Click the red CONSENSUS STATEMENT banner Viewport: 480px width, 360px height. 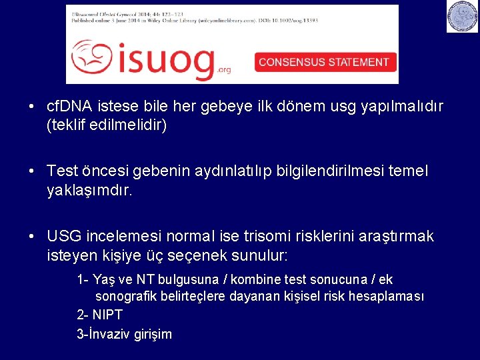click(x=324, y=62)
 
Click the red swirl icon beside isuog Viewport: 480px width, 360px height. click(x=92, y=58)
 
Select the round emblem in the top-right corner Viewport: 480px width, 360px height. click(x=462, y=17)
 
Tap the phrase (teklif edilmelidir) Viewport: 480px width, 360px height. click(x=107, y=125)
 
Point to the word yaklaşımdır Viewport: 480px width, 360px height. click(x=90, y=190)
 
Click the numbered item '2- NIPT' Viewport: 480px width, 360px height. click(x=100, y=315)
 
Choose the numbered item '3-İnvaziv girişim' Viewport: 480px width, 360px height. click(x=125, y=334)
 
